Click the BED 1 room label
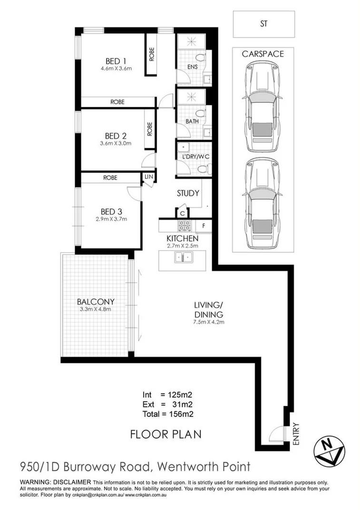coord(116,60)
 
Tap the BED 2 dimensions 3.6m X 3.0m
coord(115,143)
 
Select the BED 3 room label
coord(112,211)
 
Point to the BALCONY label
coord(96,301)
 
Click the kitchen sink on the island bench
coord(183,257)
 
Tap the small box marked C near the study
coord(183,213)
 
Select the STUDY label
coord(188,194)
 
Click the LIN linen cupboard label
coord(148,177)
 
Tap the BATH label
coord(192,121)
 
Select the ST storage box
coord(263,23)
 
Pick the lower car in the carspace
coord(260,201)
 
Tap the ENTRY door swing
coord(275,434)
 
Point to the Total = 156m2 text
coord(167,414)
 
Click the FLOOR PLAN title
coord(166,434)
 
